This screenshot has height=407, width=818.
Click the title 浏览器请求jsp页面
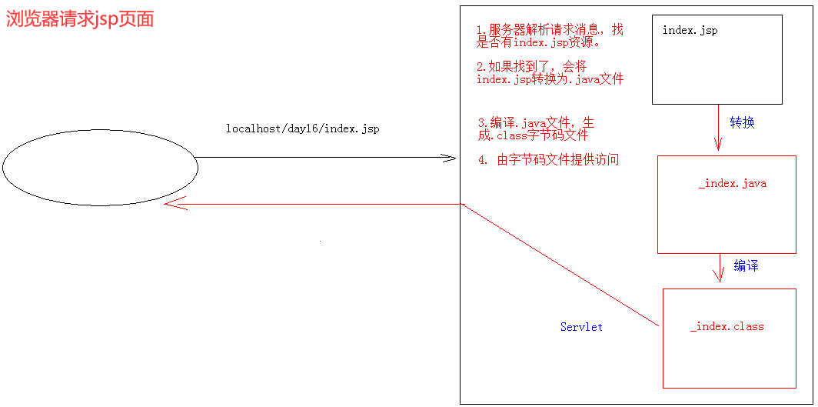(x=80, y=19)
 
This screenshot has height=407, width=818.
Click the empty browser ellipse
(x=100, y=167)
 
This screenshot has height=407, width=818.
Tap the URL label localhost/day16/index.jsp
(x=302, y=128)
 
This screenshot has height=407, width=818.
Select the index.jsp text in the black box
(x=690, y=31)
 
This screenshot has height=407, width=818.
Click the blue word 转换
(x=742, y=122)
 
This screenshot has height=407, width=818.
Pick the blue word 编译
(x=746, y=266)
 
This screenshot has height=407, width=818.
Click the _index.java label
(x=732, y=184)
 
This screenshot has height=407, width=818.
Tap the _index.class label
(x=727, y=326)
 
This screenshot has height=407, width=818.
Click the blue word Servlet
(x=581, y=327)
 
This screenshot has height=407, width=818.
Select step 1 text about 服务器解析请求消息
(x=549, y=36)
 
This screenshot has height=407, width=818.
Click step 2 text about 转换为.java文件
(x=549, y=73)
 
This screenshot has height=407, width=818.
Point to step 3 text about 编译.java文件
(x=535, y=128)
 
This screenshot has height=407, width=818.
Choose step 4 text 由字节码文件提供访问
(x=548, y=160)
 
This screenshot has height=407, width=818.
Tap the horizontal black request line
(x=323, y=158)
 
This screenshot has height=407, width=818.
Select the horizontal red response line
(x=323, y=204)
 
